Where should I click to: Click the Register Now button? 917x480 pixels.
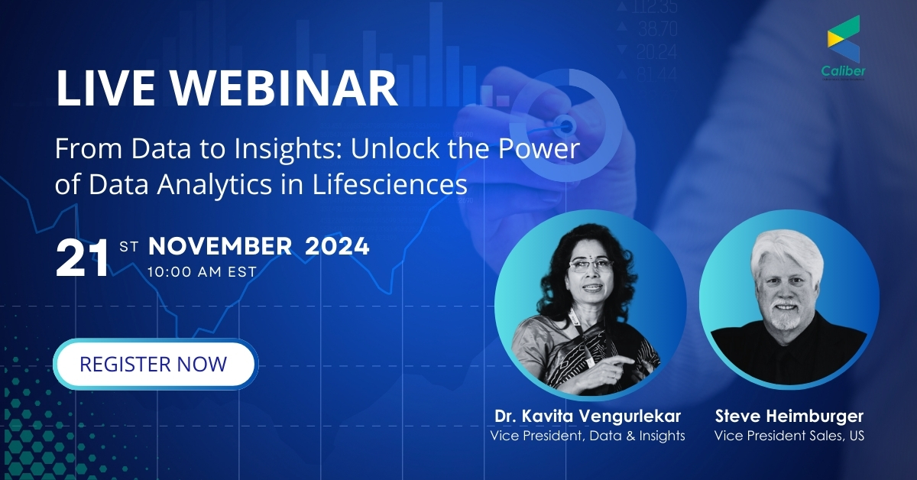click(x=153, y=364)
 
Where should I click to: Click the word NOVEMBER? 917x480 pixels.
click(x=220, y=246)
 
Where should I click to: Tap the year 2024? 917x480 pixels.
click(x=337, y=246)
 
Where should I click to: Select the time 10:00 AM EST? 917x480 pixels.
click(x=202, y=271)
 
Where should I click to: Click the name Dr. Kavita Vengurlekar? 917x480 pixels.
click(x=588, y=417)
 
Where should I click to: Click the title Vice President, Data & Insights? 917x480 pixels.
click(x=588, y=436)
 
